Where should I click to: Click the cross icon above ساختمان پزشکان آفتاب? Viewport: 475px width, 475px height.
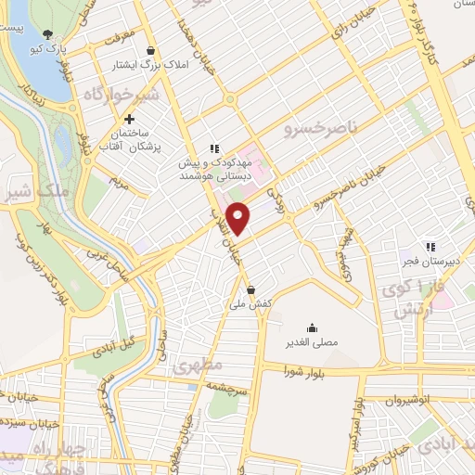(x=129, y=120)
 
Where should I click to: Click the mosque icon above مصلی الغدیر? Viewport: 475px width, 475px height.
(x=311, y=328)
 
